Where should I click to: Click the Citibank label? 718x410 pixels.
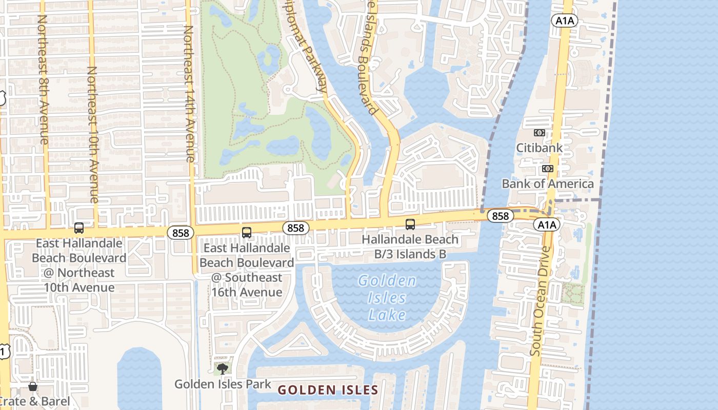(539, 148)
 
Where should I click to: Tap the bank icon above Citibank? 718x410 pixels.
(539, 133)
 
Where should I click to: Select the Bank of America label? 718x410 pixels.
(547, 183)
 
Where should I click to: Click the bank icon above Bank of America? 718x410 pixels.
(547, 169)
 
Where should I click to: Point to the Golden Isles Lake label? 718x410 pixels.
(387, 298)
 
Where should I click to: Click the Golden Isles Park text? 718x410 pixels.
(223, 384)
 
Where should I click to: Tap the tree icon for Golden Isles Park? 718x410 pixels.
(222, 368)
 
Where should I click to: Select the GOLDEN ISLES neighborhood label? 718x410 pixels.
(328, 390)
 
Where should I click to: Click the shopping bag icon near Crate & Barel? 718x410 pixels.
(33, 386)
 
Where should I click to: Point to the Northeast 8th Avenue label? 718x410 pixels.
(43, 79)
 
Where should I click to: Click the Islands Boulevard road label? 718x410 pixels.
(366, 56)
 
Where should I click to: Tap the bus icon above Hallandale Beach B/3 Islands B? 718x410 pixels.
(410, 224)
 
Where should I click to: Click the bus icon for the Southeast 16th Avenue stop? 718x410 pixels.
(247, 233)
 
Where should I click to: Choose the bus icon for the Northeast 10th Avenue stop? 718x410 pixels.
(79, 228)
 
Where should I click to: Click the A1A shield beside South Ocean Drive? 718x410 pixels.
(547, 224)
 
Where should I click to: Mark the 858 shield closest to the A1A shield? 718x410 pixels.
(500, 216)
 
